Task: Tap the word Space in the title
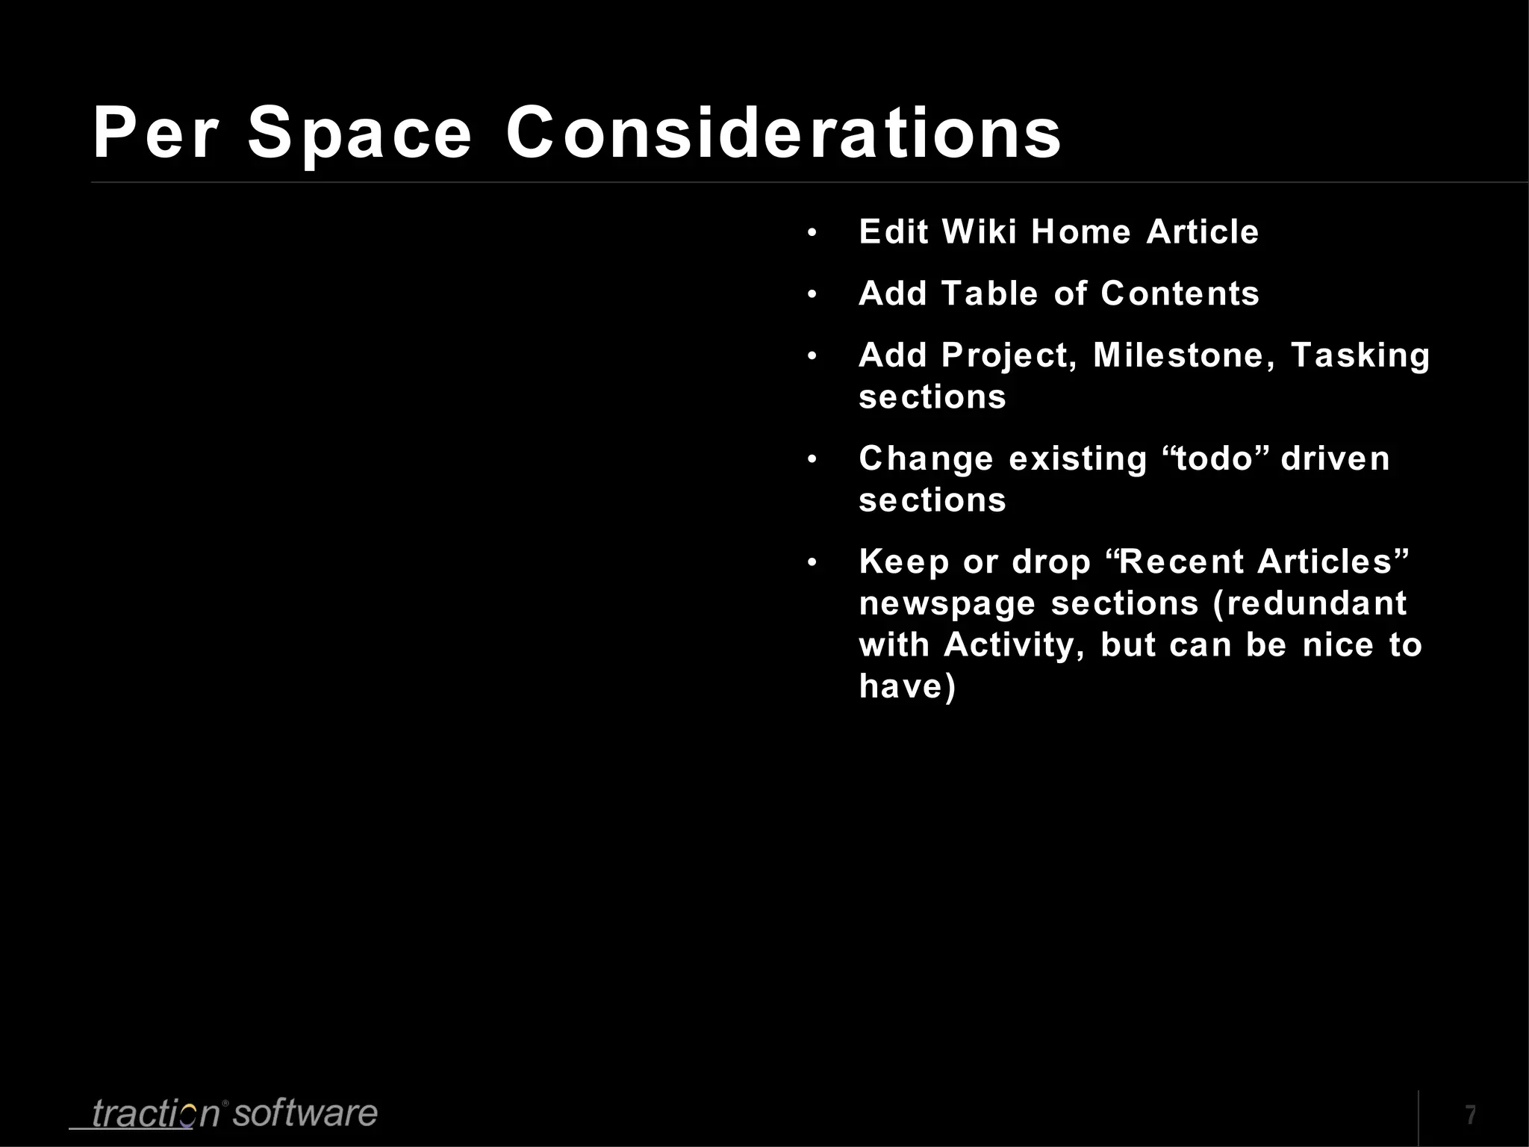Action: [x=360, y=134]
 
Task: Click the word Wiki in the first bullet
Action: [x=980, y=231]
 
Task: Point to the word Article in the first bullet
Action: [x=1202, y=231]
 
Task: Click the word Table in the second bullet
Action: [x=989, y=293]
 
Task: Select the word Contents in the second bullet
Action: [x=1180, y=293]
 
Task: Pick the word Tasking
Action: [x=1360, y=356]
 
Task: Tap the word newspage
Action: [x=947, y=603]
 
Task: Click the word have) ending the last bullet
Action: [x=907, y=687]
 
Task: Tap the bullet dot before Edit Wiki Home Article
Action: [x=812, y=233]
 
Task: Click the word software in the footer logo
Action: [x=305, y=1113]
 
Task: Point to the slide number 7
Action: [x=1470, y=1115]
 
